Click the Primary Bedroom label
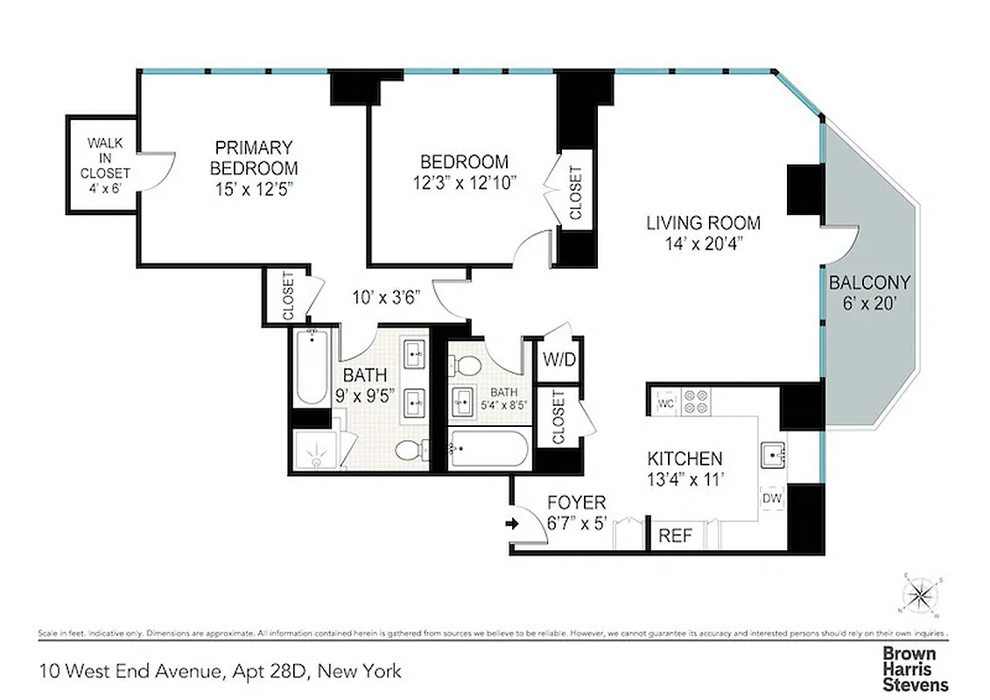pyautogui.click(x=254, y=157)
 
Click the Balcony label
pyautogui.click(x=869, y=283)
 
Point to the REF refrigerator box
pyautogui.click(x=675, y=535)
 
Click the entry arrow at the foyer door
pyautogui.click(x=513, y=525)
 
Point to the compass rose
pyautogui.click(x=920, y=598)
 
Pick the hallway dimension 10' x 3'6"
pyautogui.click(x=387, y=296)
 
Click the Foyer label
pyautogui.click(x=575, y=502)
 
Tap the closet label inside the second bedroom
pyautogui.click(x=574, y=192)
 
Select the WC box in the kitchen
pyautogui.click(x=664, y=403)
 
